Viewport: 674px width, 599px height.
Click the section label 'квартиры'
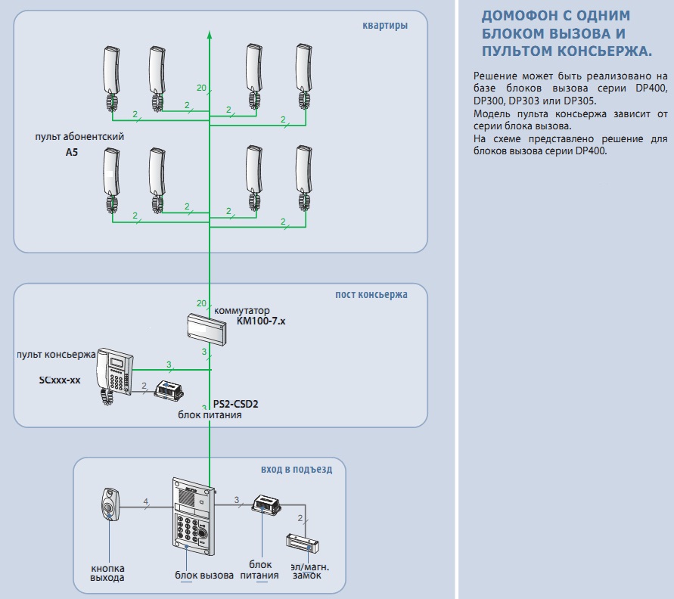[x=385, y=26]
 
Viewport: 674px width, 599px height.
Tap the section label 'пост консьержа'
[x=371, y=294]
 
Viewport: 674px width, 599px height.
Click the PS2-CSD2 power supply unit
[x=172, y=390]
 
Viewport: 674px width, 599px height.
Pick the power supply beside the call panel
[x=268, y=504]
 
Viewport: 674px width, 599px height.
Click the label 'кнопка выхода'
[x=107, y=573]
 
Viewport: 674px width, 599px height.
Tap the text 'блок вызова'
[x=204, y=576]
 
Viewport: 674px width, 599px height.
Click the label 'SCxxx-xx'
[x=60, y=380]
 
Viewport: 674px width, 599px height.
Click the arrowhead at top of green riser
[x=210, y=34]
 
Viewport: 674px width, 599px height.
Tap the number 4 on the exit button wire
[x=147, y=500]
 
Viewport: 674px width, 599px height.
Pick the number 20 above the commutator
[x=201, y=303]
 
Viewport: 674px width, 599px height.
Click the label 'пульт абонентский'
[x=79, y=137]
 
